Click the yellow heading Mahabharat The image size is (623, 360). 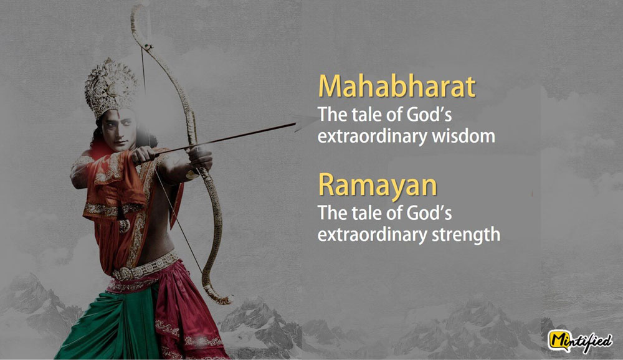pos(396,86)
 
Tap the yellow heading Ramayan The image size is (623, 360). pos(378,185)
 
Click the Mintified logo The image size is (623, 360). pos(581,341)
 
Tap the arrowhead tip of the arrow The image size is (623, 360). pos(314,118)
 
